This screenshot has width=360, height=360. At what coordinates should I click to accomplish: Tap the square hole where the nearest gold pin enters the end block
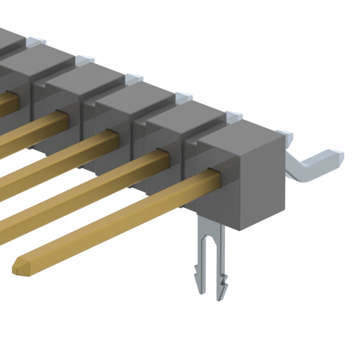pyautogui.click(x=213, y=171)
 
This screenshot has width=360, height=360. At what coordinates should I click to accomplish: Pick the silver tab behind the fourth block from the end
pyautogui.click(x=134, y=78)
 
